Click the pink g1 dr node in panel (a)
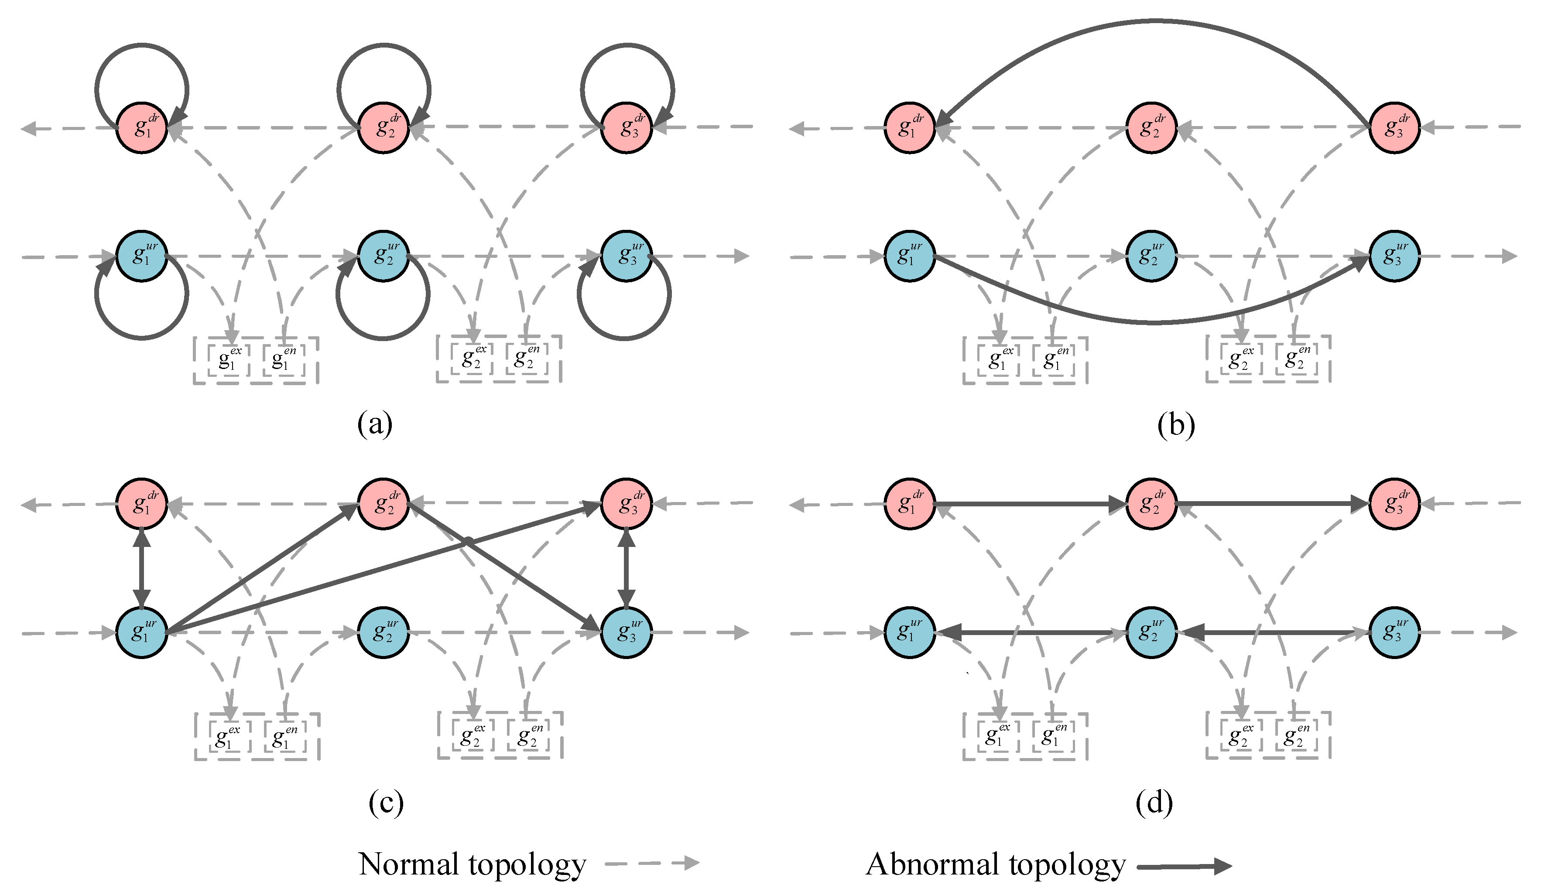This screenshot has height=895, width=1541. pyautogui.click(x=142, y=128)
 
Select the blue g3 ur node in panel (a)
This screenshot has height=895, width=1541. pyautogui.click(x=626, y=256)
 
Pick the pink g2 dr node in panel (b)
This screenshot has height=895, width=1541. pyautogui.click(x=1151, y=128)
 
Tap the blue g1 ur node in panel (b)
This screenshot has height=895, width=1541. pyautogui.click(x=909, y=256)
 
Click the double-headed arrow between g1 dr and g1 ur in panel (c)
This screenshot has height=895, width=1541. pyautogui.click(x=142, y=568)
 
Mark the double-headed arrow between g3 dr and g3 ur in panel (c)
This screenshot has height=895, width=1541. pyautogui.click(x=626, y=568)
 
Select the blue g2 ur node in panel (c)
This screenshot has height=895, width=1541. pyautogui.click(x=384, y=633)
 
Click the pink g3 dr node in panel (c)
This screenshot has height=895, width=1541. pyautogui.click(x=626, y=504)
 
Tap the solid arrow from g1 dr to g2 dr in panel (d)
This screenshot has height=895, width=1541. pyautogui.click(x=1027, y=504)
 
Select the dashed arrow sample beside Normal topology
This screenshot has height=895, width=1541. pyautogui.click(x=651, y=863)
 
